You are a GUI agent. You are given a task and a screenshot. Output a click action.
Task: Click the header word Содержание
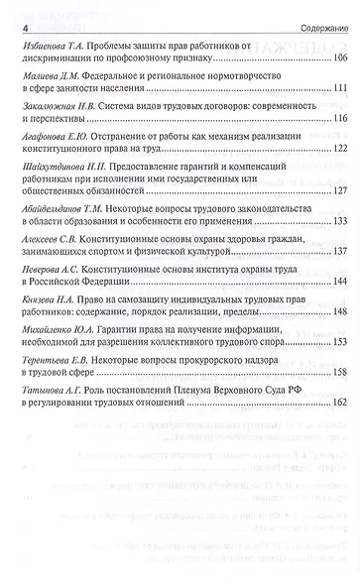pos(320,25)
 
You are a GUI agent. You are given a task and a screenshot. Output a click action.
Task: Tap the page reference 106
pos(336,59)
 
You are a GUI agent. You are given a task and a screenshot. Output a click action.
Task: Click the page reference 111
pos(336,89)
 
